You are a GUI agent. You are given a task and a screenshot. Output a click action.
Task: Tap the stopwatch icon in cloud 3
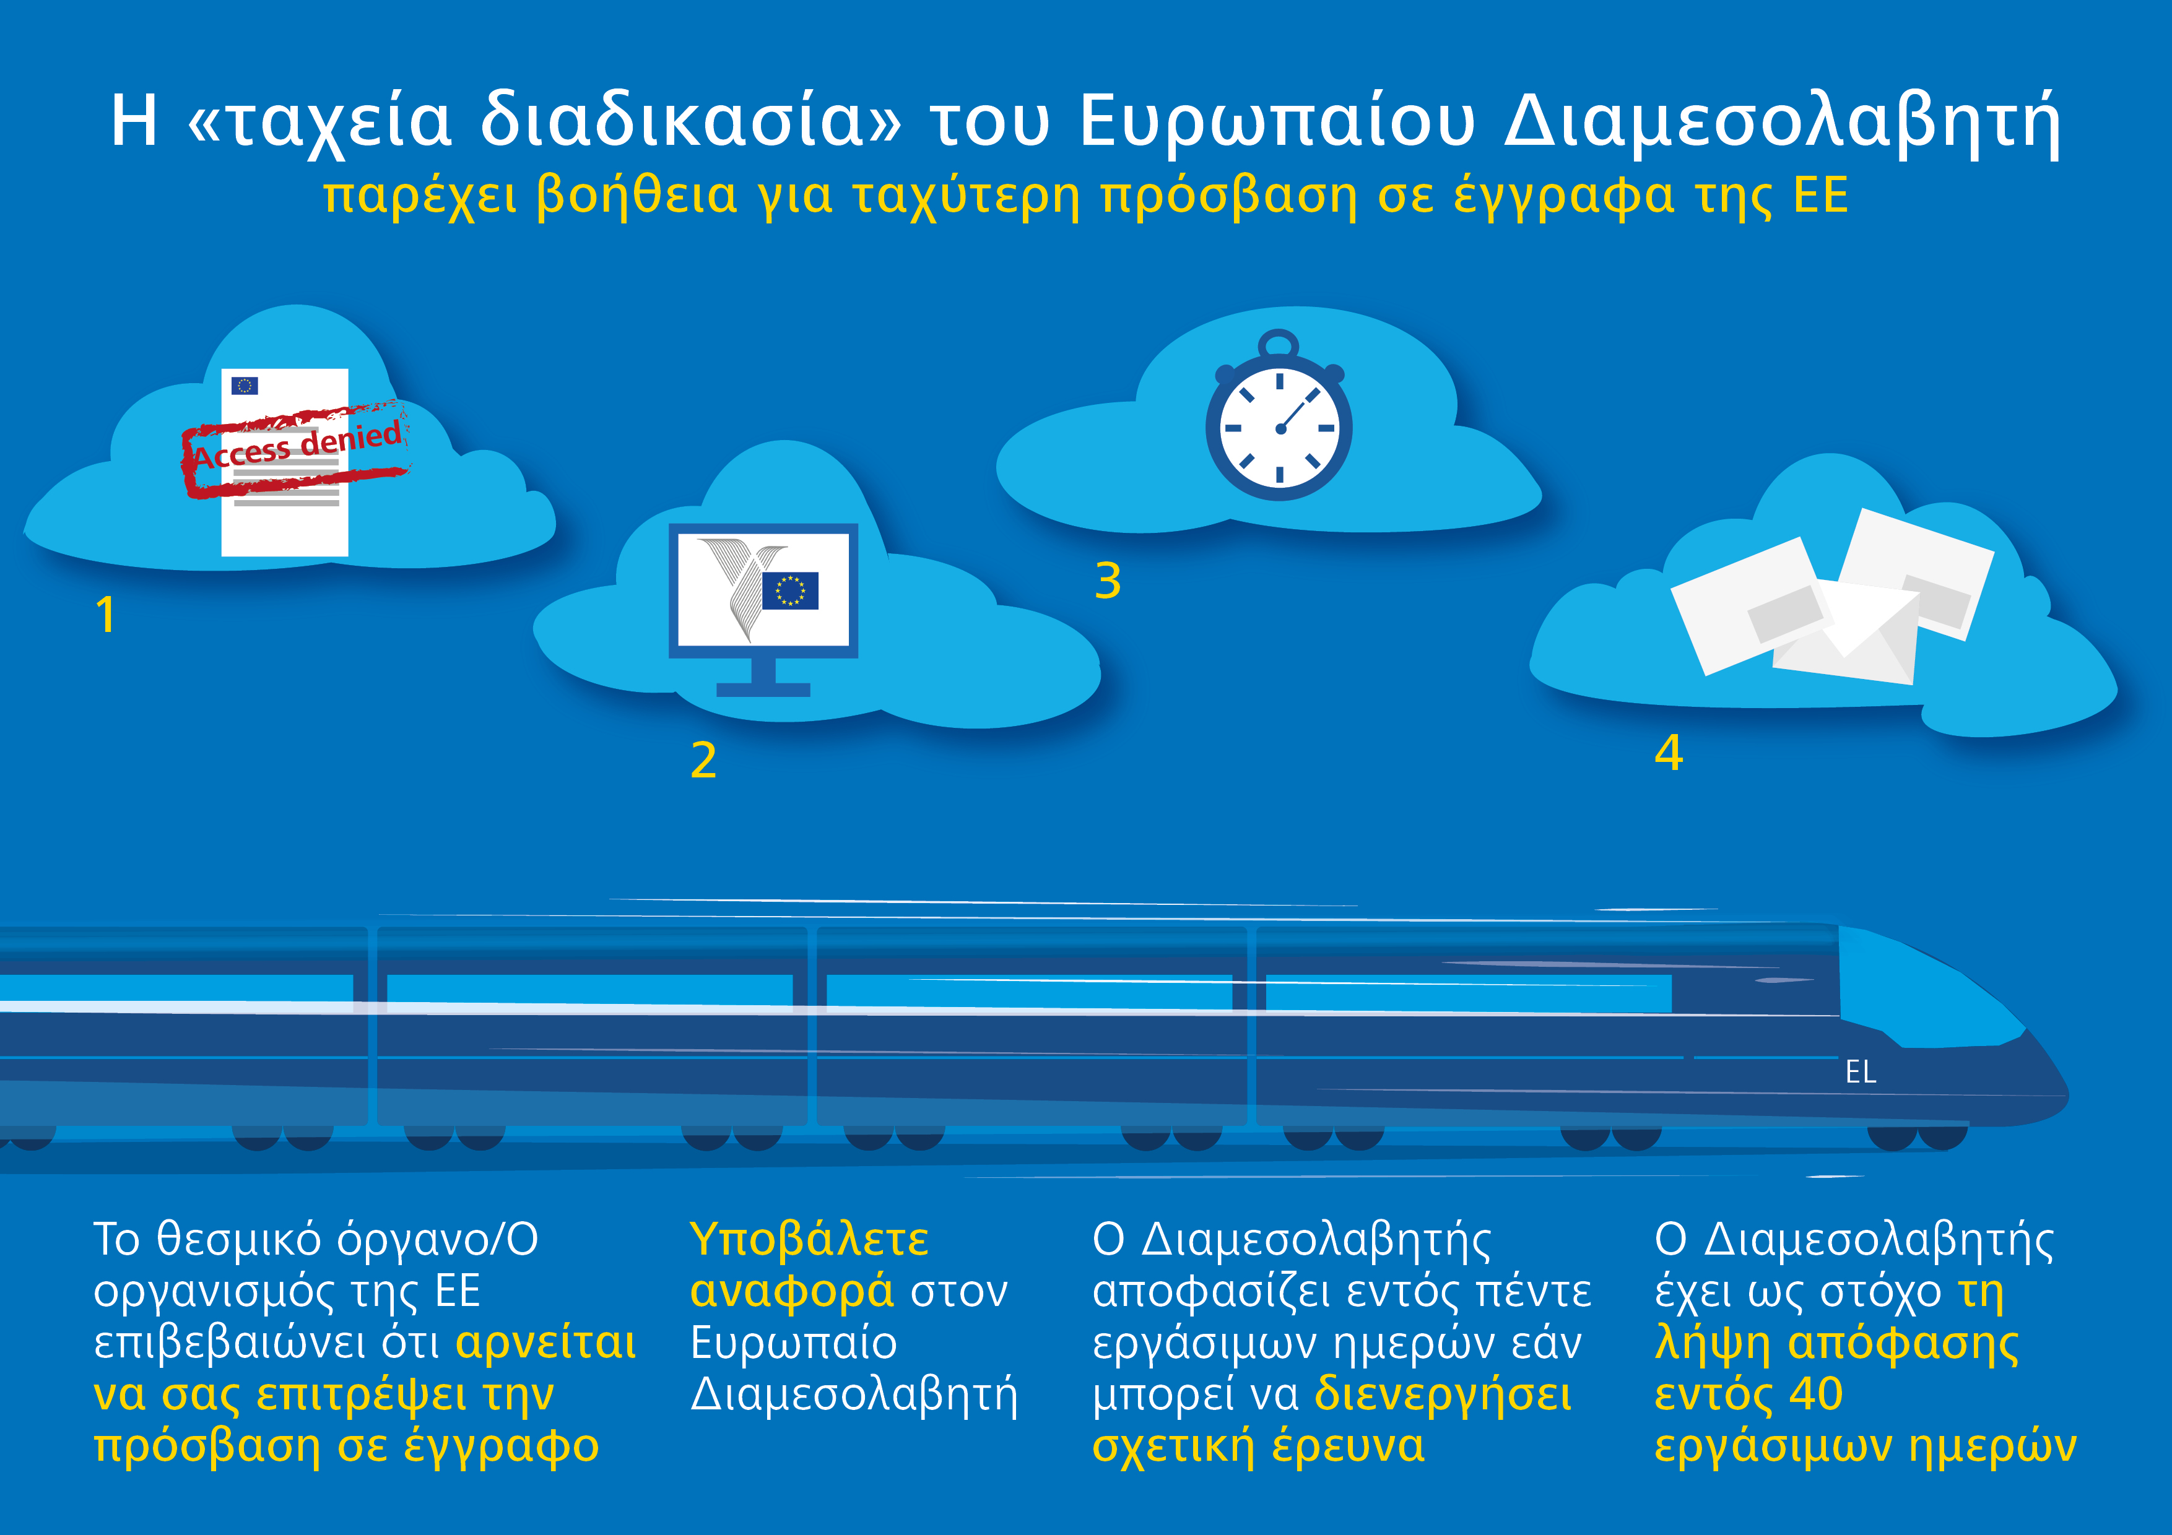1279,416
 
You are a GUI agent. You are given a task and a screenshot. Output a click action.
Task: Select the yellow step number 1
106,614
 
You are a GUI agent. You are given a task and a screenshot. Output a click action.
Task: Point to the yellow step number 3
1108,581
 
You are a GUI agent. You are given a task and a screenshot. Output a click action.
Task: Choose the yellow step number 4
1669,753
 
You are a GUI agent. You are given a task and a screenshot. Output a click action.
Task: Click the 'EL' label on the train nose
1860,1071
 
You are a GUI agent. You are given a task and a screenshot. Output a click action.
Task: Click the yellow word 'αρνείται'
546,1343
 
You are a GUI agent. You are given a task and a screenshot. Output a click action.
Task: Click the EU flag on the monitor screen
790,590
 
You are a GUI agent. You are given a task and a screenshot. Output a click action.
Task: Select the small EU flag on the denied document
245,385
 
